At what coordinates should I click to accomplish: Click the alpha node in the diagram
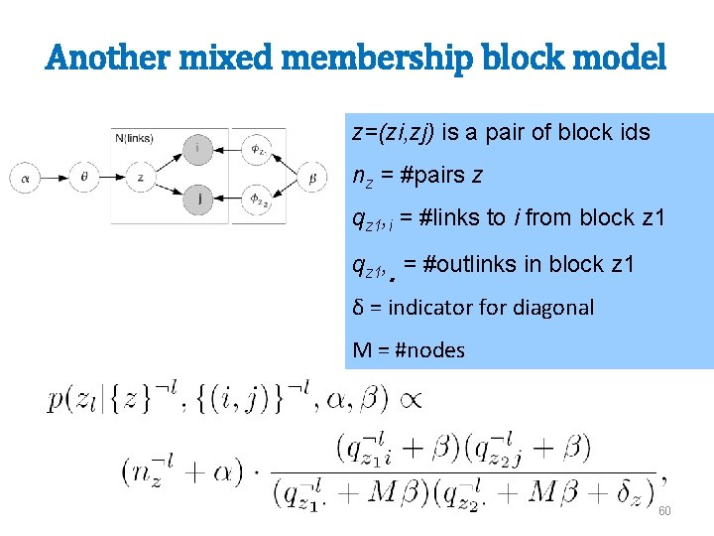[x=26, y=178]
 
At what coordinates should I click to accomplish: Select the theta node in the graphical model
[x=83, y=178]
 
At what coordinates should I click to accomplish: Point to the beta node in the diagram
[x=311, y=178]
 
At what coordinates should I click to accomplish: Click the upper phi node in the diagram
[x=257, y=150]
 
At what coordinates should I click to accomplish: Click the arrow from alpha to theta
[x=55, y=178]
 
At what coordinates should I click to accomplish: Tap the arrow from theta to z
[x=112, y=178]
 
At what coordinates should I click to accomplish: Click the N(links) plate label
[x=134, y=136]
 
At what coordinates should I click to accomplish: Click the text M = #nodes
[x=409, y=350]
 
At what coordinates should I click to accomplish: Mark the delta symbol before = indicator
[x=359, y=308]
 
